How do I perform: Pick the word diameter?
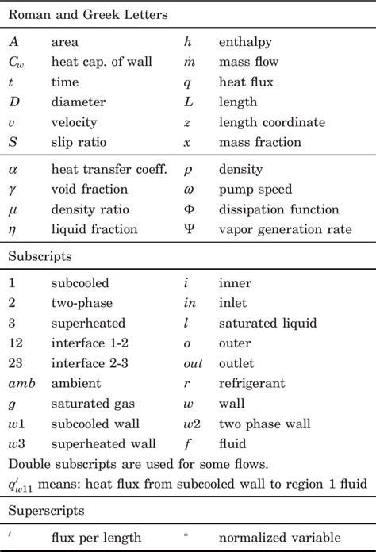(x=75, y=102)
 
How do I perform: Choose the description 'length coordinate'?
(x=271, y=122)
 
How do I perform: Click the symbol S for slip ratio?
(x=13, y=143)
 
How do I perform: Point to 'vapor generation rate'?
(x=284, y=230)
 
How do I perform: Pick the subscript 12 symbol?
(x=17, y=343)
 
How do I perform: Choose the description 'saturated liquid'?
(x=267, y=323)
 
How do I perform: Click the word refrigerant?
(x=251, y=384)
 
